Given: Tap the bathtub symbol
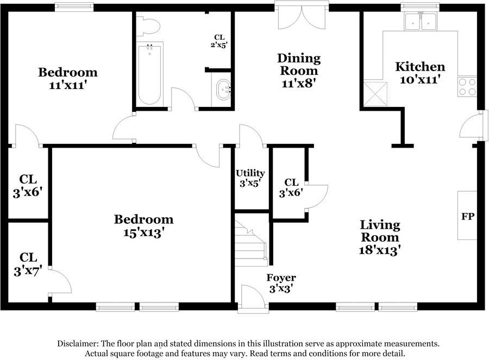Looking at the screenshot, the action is click(150, 74).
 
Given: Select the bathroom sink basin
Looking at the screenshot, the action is click(224, 90).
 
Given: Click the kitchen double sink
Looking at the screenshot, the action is click(421, 21).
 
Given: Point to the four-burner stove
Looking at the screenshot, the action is click(467, 87).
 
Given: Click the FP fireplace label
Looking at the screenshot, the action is click(468, 216).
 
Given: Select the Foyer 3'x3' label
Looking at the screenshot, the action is click(281, 283).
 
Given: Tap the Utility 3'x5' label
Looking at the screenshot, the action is click(250, 178).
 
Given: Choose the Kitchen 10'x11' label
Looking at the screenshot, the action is click(420, 73).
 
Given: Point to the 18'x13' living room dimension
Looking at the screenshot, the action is click(380, 250).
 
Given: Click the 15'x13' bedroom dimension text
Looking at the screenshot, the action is click(144, 232).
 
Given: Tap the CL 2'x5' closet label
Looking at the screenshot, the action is click(219, 41).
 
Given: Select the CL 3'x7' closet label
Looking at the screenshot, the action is click(28, 264).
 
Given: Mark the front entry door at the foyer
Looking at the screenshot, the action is click(253, 298).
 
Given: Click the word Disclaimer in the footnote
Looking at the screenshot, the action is click(78, 344).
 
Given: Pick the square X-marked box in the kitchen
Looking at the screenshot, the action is click(375, 94).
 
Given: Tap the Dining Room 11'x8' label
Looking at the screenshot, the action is click(299, 71).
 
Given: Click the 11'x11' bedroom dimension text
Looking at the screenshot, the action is click(68, 85).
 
